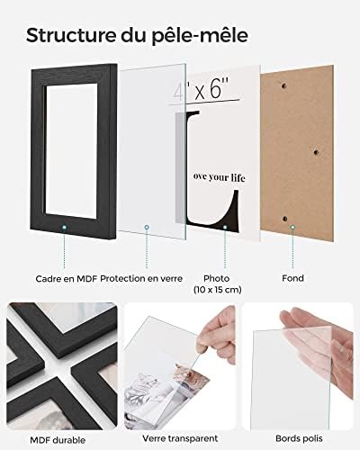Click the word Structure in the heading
(x=70, y=35)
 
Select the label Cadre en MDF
(x=67, y=279)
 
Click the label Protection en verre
(x=141, y=279)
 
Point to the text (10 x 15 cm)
(x=218, y=290)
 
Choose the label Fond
(x=292, y=278)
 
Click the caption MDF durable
(x=58, y=440)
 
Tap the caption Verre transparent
(x=180, y=438)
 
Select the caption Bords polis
(x=299, y=438)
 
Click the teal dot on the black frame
(x=64, y=228)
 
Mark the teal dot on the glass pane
(x=147, y=228)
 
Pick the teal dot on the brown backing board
(x=292, y=228)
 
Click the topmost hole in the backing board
(x=283, y=86)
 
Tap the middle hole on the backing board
(x=316, y=152)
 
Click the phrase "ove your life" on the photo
(x=220, y=177)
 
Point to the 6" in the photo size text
(x=220, y=88)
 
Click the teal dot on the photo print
(x=225, y=228)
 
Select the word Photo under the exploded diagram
(x=217, y=278)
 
